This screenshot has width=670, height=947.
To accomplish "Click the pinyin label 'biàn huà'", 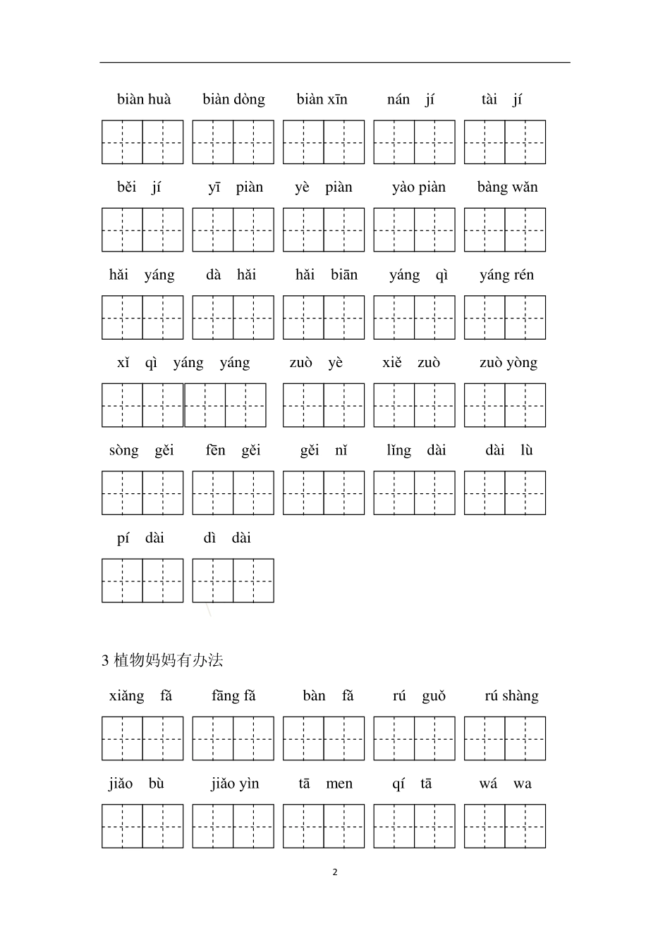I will (144, 99).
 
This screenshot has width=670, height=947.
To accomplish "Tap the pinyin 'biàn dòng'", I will (233, 99).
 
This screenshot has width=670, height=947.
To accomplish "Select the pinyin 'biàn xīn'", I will (322, 99).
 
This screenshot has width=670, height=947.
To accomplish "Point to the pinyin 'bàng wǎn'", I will (507, 187).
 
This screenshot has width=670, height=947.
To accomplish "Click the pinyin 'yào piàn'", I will (419, 187).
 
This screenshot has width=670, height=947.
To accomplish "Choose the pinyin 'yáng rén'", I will (506, 275).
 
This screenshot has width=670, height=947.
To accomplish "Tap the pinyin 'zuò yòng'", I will (508, 363).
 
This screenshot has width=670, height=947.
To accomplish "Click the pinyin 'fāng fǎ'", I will (233, 696).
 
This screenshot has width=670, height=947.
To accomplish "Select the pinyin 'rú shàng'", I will (511, 696).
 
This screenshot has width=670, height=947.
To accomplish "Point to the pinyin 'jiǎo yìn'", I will (235, 784).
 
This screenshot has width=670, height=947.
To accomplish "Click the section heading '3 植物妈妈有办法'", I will (163, 660).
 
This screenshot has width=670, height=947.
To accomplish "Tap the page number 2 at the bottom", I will (335, 872).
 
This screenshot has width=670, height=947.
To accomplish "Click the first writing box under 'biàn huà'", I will (122, 142).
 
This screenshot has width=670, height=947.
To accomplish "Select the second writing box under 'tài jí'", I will (525, 142).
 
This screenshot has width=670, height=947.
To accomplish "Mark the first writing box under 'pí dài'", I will (122, 581).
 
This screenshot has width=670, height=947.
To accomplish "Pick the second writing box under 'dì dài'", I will (253, 581).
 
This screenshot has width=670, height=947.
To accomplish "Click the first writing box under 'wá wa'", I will (485, 827).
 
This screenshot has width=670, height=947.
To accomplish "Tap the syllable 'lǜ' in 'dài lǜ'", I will (527, 450).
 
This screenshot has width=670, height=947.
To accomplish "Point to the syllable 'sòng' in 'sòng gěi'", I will (124, 451).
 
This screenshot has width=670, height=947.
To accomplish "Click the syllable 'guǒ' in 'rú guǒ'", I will (434, 696).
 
